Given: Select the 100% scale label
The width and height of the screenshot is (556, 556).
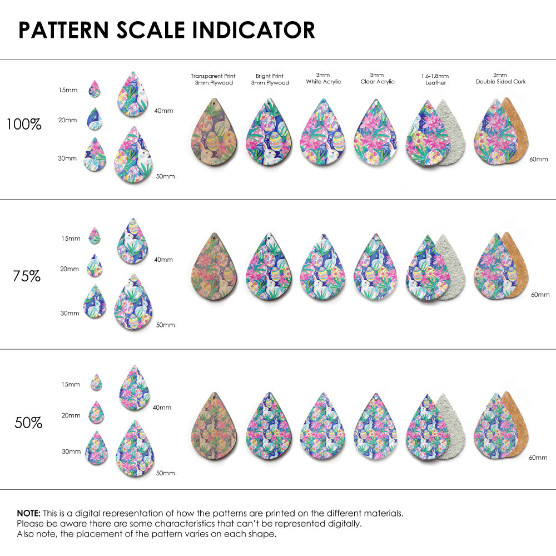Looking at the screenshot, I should [24, 125].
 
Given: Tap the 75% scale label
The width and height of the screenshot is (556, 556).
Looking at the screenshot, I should [27, 276].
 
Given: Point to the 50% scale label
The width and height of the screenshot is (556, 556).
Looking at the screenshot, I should [28, 423].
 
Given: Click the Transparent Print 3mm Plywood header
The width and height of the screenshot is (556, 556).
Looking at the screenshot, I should [213, 79].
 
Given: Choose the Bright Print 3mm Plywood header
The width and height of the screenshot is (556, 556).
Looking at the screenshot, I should [270, 79].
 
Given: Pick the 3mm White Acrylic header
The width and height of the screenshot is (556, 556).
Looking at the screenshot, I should [323, 78].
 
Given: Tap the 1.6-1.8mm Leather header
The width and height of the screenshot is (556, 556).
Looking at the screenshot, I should [435, 79].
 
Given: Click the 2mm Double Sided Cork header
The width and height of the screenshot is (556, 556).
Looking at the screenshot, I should [500, 78].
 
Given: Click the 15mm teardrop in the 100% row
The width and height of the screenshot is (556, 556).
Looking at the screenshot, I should [95, 89].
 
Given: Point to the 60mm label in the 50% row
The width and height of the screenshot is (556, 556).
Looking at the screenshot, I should [539, 457].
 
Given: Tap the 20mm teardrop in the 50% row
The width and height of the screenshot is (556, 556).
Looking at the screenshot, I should [96, 413].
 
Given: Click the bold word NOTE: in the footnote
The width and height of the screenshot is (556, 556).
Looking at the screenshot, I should [28, 513].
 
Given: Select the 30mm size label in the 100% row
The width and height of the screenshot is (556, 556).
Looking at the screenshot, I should [67, 158].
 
